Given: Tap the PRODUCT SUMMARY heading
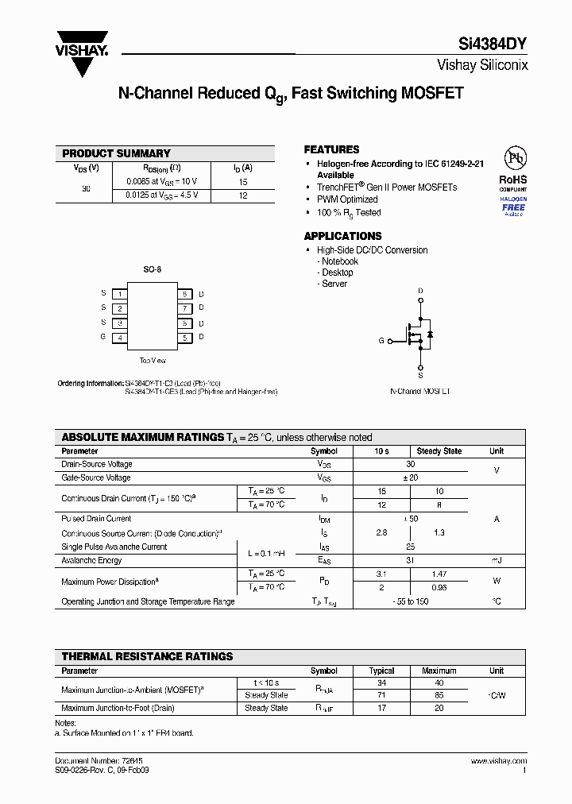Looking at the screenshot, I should pyautogui.click(x=116, y=153).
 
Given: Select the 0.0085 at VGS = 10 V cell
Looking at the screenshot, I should pyautogui.click(x=164, y=181).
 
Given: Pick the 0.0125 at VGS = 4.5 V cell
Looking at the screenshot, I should pyautogui.click(x=162, y=195).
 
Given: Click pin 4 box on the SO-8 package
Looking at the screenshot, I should pyautogui.click(x=119, y=338).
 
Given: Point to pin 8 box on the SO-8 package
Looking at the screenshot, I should pyautogui.click(x=184, y=294).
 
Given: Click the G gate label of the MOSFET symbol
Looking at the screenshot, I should pyautogui.click(x=381, y=341).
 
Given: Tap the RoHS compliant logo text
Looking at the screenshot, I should pyautogui.click(x=512, y=180).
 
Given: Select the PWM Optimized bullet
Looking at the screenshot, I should pyautogui.click(x=347, y=199).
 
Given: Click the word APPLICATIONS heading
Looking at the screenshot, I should pyautogui.click(x=342, y=236).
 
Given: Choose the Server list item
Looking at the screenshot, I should pyautogui.click(x=334, y=284).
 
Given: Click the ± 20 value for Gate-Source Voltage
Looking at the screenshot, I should pyautogui.click(x=410, y=478).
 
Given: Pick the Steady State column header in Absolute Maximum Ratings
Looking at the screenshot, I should pyautogui.click(x=439, y=451).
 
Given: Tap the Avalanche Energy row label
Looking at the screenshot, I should pyautogui.click(x=91, y=560).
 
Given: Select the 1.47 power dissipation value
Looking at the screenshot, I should pyautogui.click(x=439, y=574).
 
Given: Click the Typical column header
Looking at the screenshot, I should pyautogui.click(x=382, y=671).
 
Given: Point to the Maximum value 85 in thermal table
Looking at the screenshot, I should pyautogui.click(x=439, y=695).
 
